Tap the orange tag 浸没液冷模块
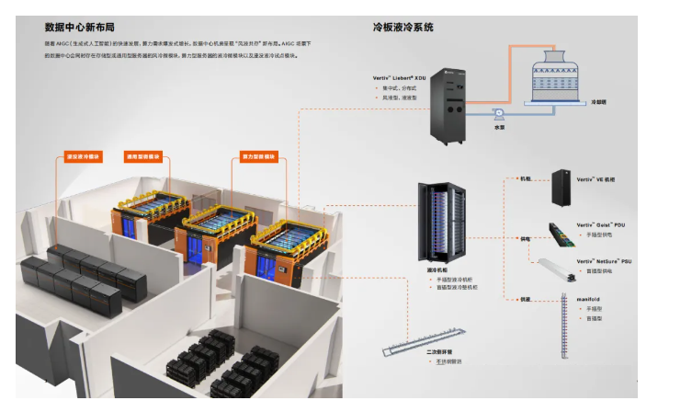pos(83,157)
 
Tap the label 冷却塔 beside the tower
pos(600,102)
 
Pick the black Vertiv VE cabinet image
pos(562,188)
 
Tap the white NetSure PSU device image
pos(557,268)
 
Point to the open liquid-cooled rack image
pos(440,221)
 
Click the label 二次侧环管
pos(442,353)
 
